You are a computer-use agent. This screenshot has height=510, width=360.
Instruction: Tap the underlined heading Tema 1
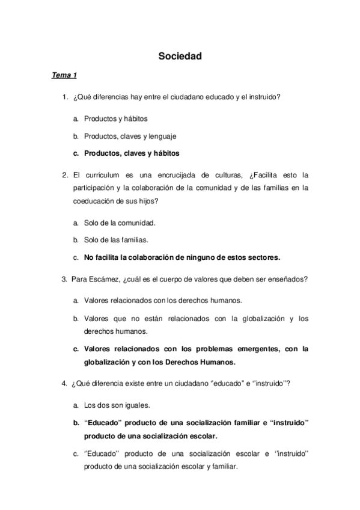pos(64,75)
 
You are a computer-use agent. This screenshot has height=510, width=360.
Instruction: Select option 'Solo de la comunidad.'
pos(120,223)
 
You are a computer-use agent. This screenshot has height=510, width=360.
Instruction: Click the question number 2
pos(64,175)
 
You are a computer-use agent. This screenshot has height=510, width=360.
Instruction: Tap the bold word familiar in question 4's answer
pos(240,423)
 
